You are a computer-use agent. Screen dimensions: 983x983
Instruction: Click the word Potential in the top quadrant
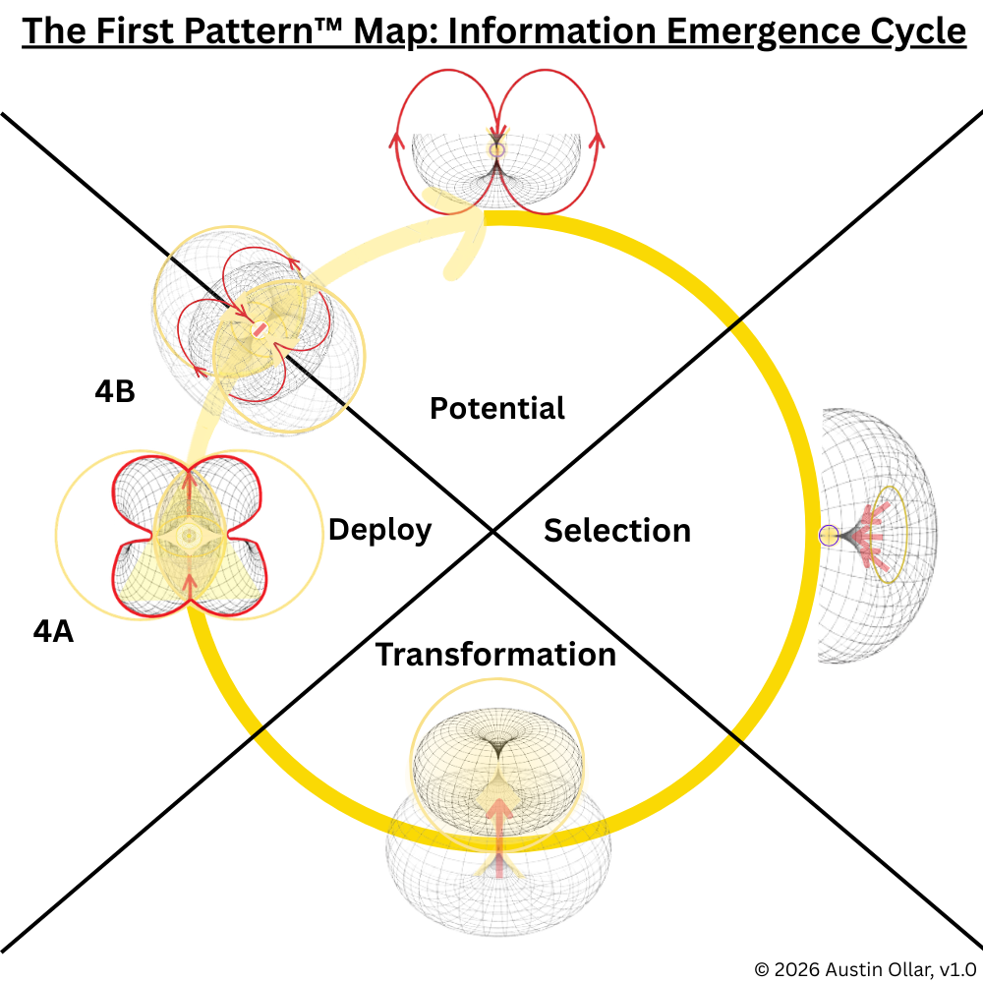(497, 408)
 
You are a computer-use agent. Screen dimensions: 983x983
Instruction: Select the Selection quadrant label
(617, 531)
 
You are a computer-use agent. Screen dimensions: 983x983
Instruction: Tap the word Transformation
(495, 654)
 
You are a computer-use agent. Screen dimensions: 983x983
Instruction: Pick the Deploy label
(379, 530)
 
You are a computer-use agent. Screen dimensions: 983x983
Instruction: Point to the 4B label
(115, 391)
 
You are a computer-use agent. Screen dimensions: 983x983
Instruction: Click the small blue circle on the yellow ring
(828, 536)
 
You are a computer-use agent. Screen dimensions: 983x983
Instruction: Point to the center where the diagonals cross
(492, 532)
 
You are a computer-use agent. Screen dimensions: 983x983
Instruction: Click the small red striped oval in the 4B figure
(260, 331)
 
